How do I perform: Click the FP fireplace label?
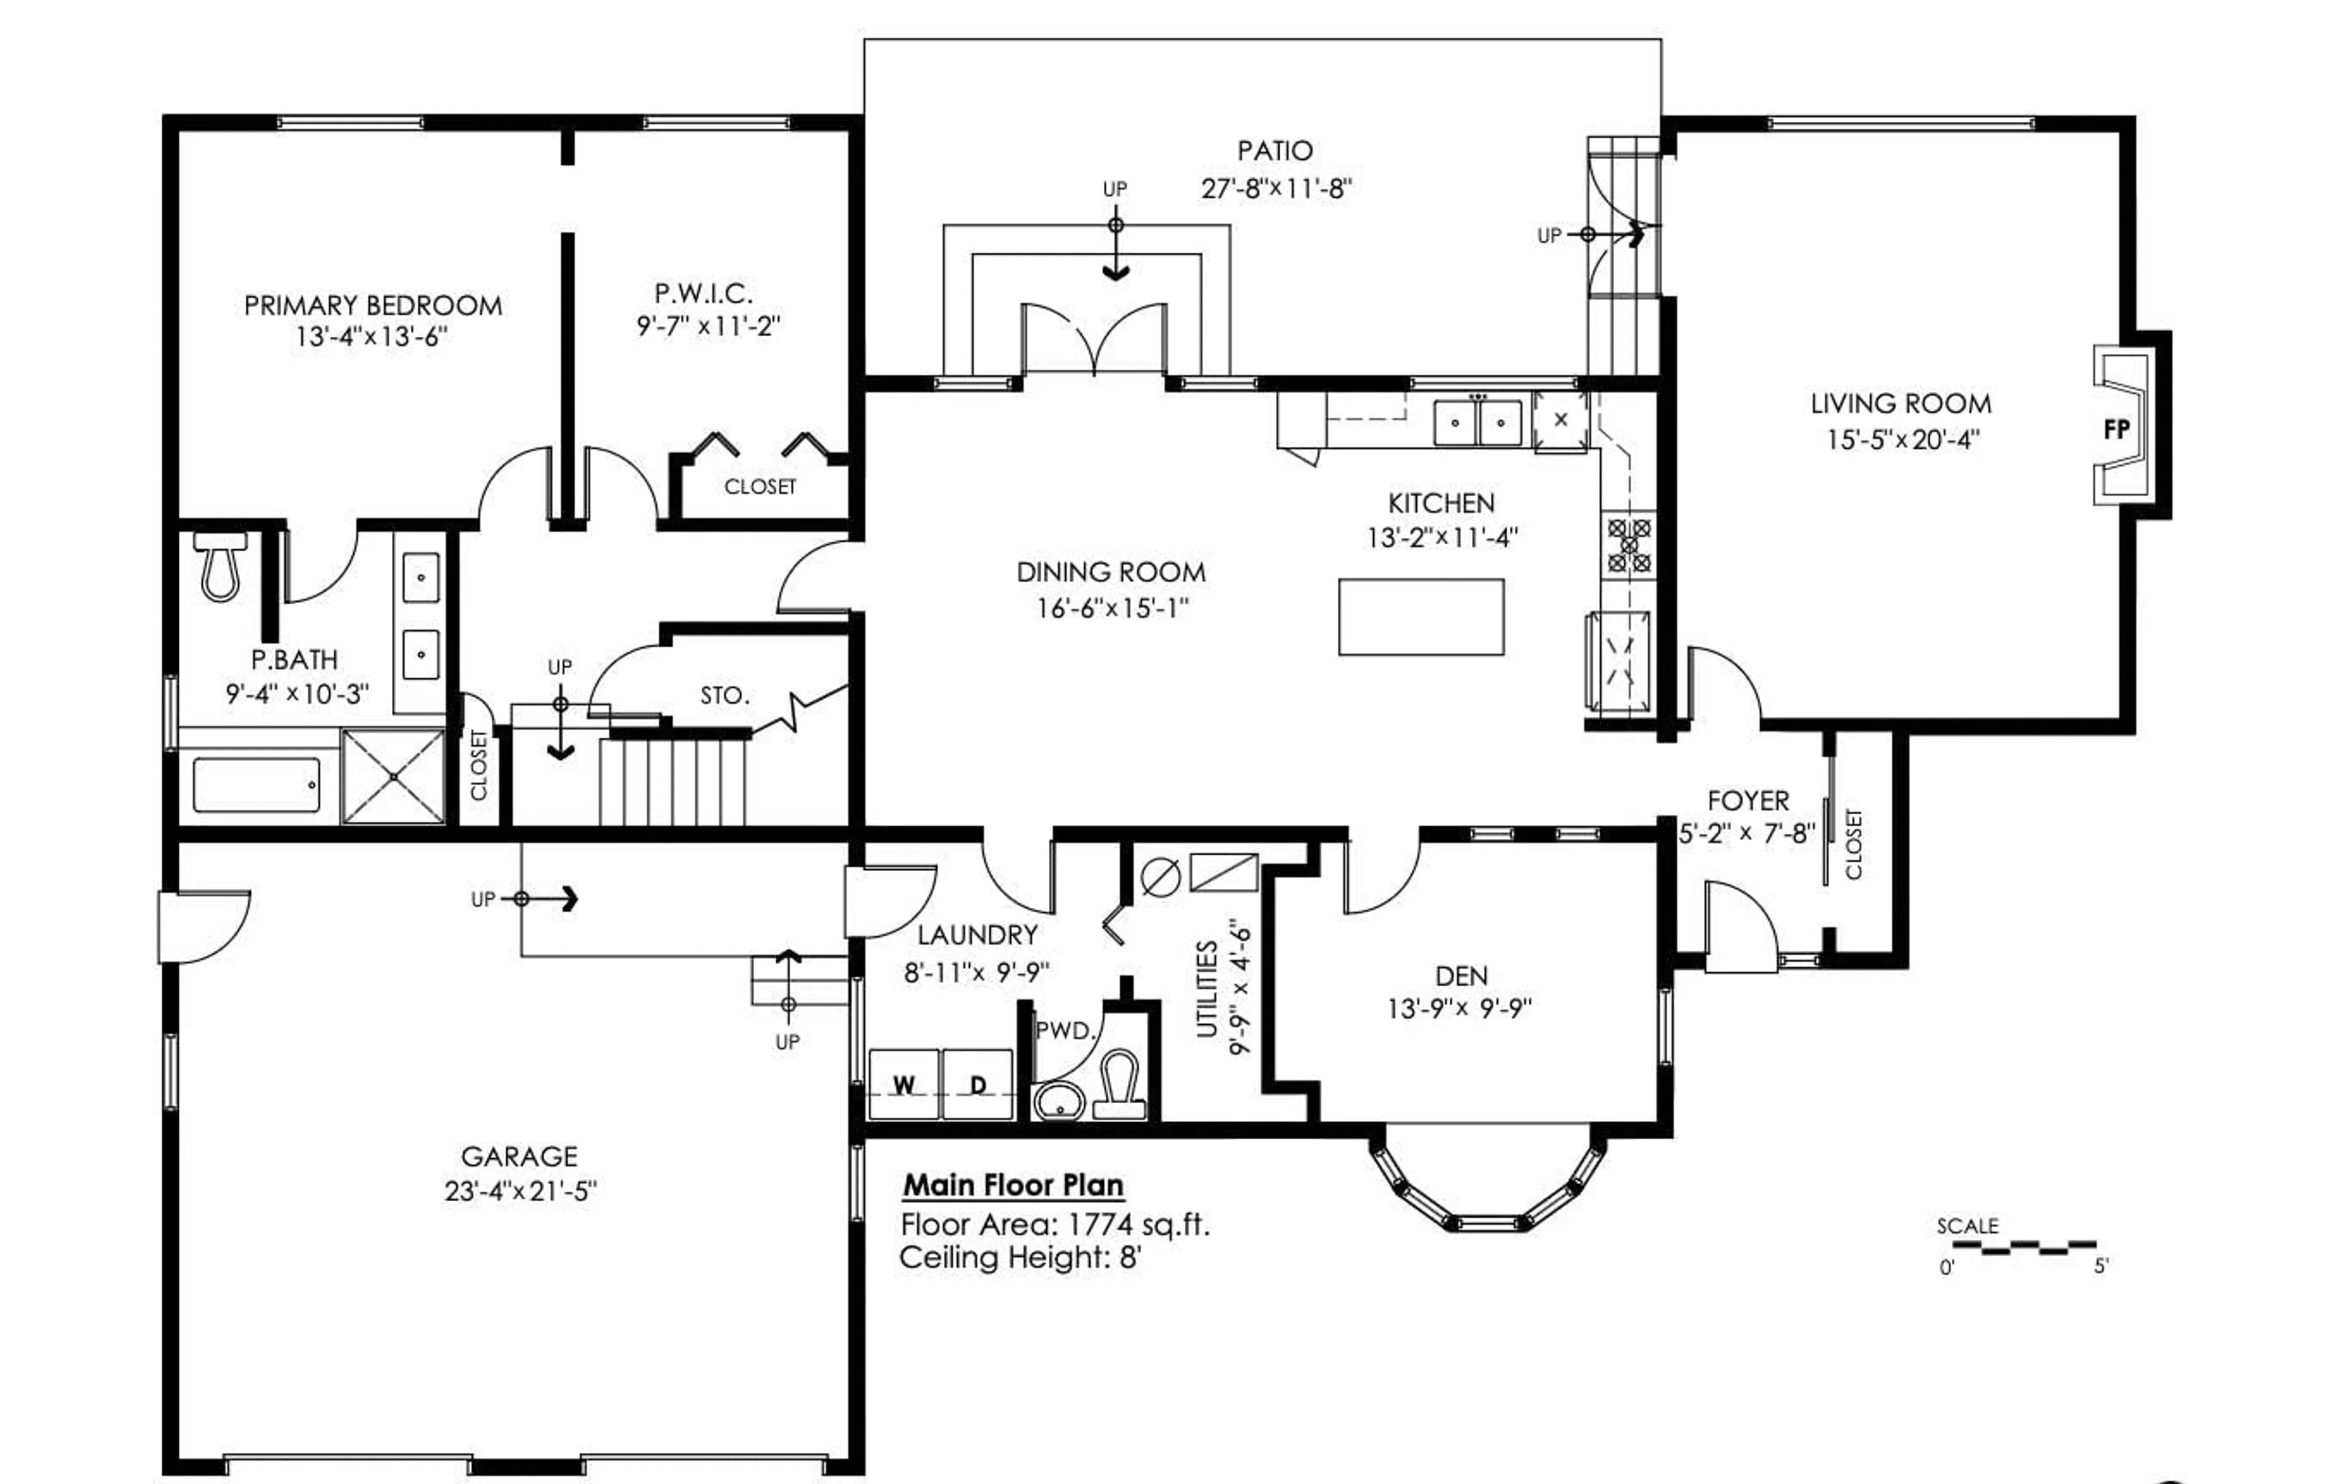point(2116,430)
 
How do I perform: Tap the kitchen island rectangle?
point(1420,617)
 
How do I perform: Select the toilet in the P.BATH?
point(220,568)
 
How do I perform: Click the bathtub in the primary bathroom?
point(257,785)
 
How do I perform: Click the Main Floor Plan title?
point(1013,1185)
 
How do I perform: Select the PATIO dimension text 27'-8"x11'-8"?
point(1276,189)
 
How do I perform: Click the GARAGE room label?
point(519,1157)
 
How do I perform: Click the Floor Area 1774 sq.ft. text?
point(1054,1224)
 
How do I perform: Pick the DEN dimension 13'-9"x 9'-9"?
point(1460,1008)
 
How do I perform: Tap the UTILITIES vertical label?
point(1208,989)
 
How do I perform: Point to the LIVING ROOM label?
point(1900,404)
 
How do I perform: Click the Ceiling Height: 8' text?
point(1020,1257)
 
